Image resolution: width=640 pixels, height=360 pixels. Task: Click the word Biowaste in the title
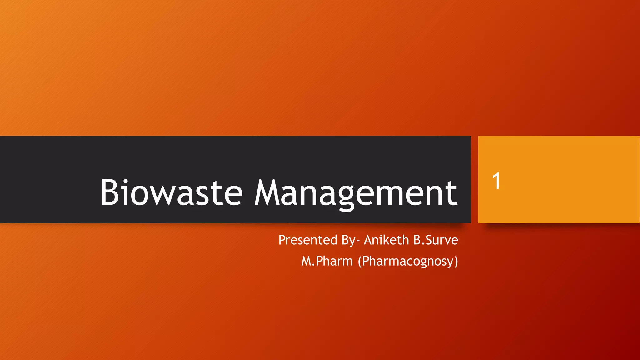[171, 192]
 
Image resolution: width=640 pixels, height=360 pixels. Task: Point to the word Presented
[308, 240]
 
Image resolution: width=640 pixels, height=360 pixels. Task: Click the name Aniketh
[386, 240]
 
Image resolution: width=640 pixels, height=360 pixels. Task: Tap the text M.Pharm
[327, 261]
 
